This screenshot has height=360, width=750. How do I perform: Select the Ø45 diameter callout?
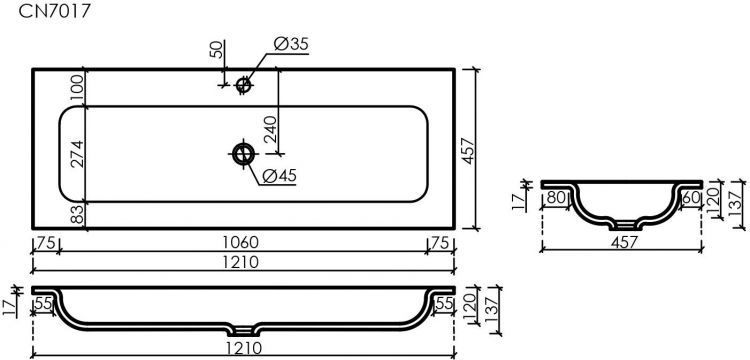pos(281,178)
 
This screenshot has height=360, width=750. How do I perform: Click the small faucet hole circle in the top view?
pos(242,86)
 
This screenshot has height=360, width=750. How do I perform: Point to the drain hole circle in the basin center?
pos(242,154)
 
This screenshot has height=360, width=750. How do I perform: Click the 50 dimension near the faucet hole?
pos(213,52)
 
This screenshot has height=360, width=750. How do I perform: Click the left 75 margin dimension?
pos(44,243)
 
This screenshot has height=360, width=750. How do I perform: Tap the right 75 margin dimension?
pos(439,243)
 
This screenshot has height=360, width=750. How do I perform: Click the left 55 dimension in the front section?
pos(45,302)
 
